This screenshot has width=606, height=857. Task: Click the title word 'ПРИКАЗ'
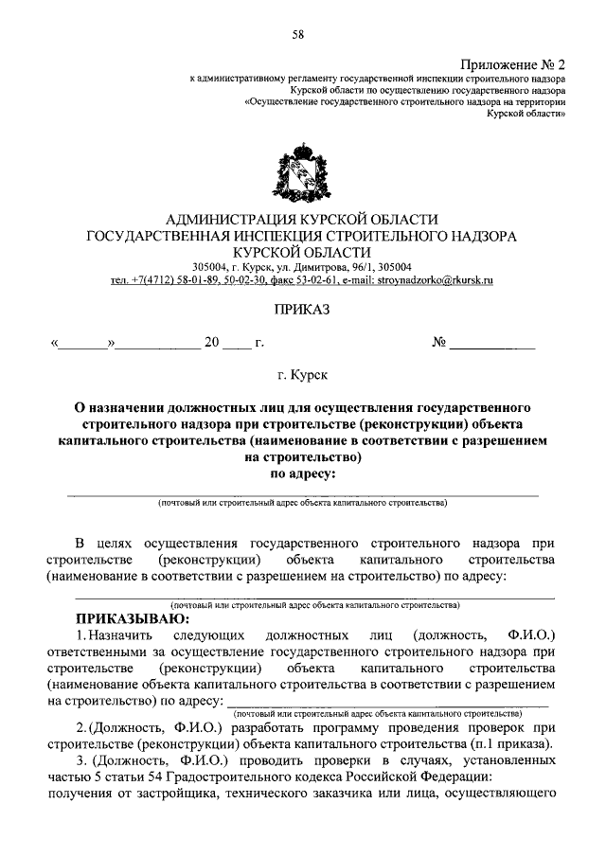(x=302, y=309)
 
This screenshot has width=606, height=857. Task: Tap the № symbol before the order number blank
(x=438, y=343)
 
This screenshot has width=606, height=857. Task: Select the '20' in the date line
(x=211, y=343)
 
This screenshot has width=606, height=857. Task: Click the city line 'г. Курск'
(x=303, y=376)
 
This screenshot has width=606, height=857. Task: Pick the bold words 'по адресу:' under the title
(x=303, y=473)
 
